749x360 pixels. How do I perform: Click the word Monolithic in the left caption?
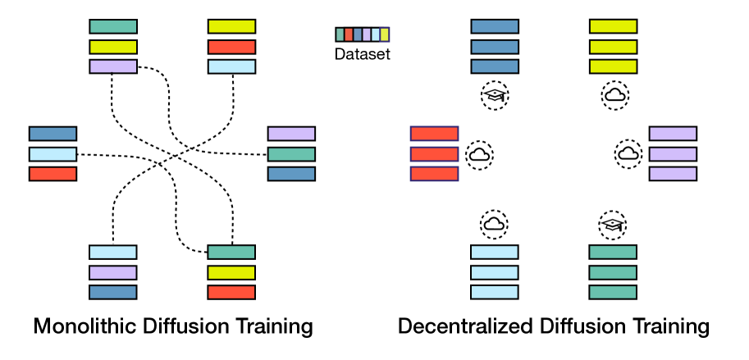click(78, 326)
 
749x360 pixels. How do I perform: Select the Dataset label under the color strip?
click(363, 55)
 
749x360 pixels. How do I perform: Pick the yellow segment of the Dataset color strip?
click(385, 34)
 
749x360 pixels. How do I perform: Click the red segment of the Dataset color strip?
click(349, 34)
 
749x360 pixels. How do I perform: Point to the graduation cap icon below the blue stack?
click(495, 96)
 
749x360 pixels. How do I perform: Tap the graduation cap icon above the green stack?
click(613, 223)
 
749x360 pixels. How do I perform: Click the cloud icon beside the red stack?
click(479, 153)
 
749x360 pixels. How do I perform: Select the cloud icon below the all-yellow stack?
click(614, 96)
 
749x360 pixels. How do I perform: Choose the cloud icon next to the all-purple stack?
click(628, 153)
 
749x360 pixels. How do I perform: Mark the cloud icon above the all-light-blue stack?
click(494, 223)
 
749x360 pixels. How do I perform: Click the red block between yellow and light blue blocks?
click(231, 47)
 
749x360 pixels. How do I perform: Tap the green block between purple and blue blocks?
click(291, 154)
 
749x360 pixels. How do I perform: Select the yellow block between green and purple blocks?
click(113, 47)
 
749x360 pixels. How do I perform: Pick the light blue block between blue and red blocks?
click(53, 154)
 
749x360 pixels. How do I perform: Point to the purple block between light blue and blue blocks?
click(112, 272)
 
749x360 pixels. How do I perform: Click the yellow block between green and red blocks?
click(231, 272)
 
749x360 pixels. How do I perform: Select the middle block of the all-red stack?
click(434, 154)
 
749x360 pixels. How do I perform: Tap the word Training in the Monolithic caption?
click(272, 326)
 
